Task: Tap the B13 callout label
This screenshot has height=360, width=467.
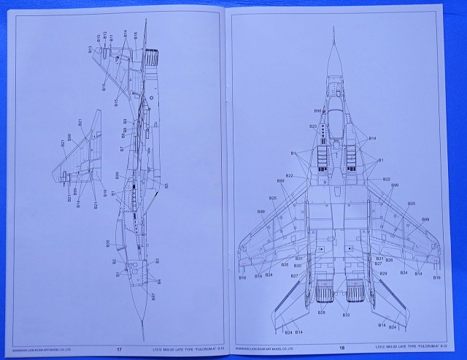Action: [90, 49]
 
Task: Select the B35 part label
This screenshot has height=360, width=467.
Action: [107, 242]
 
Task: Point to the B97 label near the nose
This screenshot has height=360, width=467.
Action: [153, 296]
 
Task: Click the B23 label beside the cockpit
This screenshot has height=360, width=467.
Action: [313, 126]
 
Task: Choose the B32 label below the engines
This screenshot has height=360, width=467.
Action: [347, 315]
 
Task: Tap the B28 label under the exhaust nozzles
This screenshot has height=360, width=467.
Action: [321, 313]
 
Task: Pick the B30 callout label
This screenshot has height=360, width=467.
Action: [297, 266]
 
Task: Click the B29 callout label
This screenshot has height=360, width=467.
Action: [382, 272]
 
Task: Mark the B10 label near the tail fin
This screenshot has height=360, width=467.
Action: [99, 37]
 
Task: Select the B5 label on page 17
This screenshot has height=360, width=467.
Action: [167, 186]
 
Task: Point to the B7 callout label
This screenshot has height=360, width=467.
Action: [121, 149]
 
